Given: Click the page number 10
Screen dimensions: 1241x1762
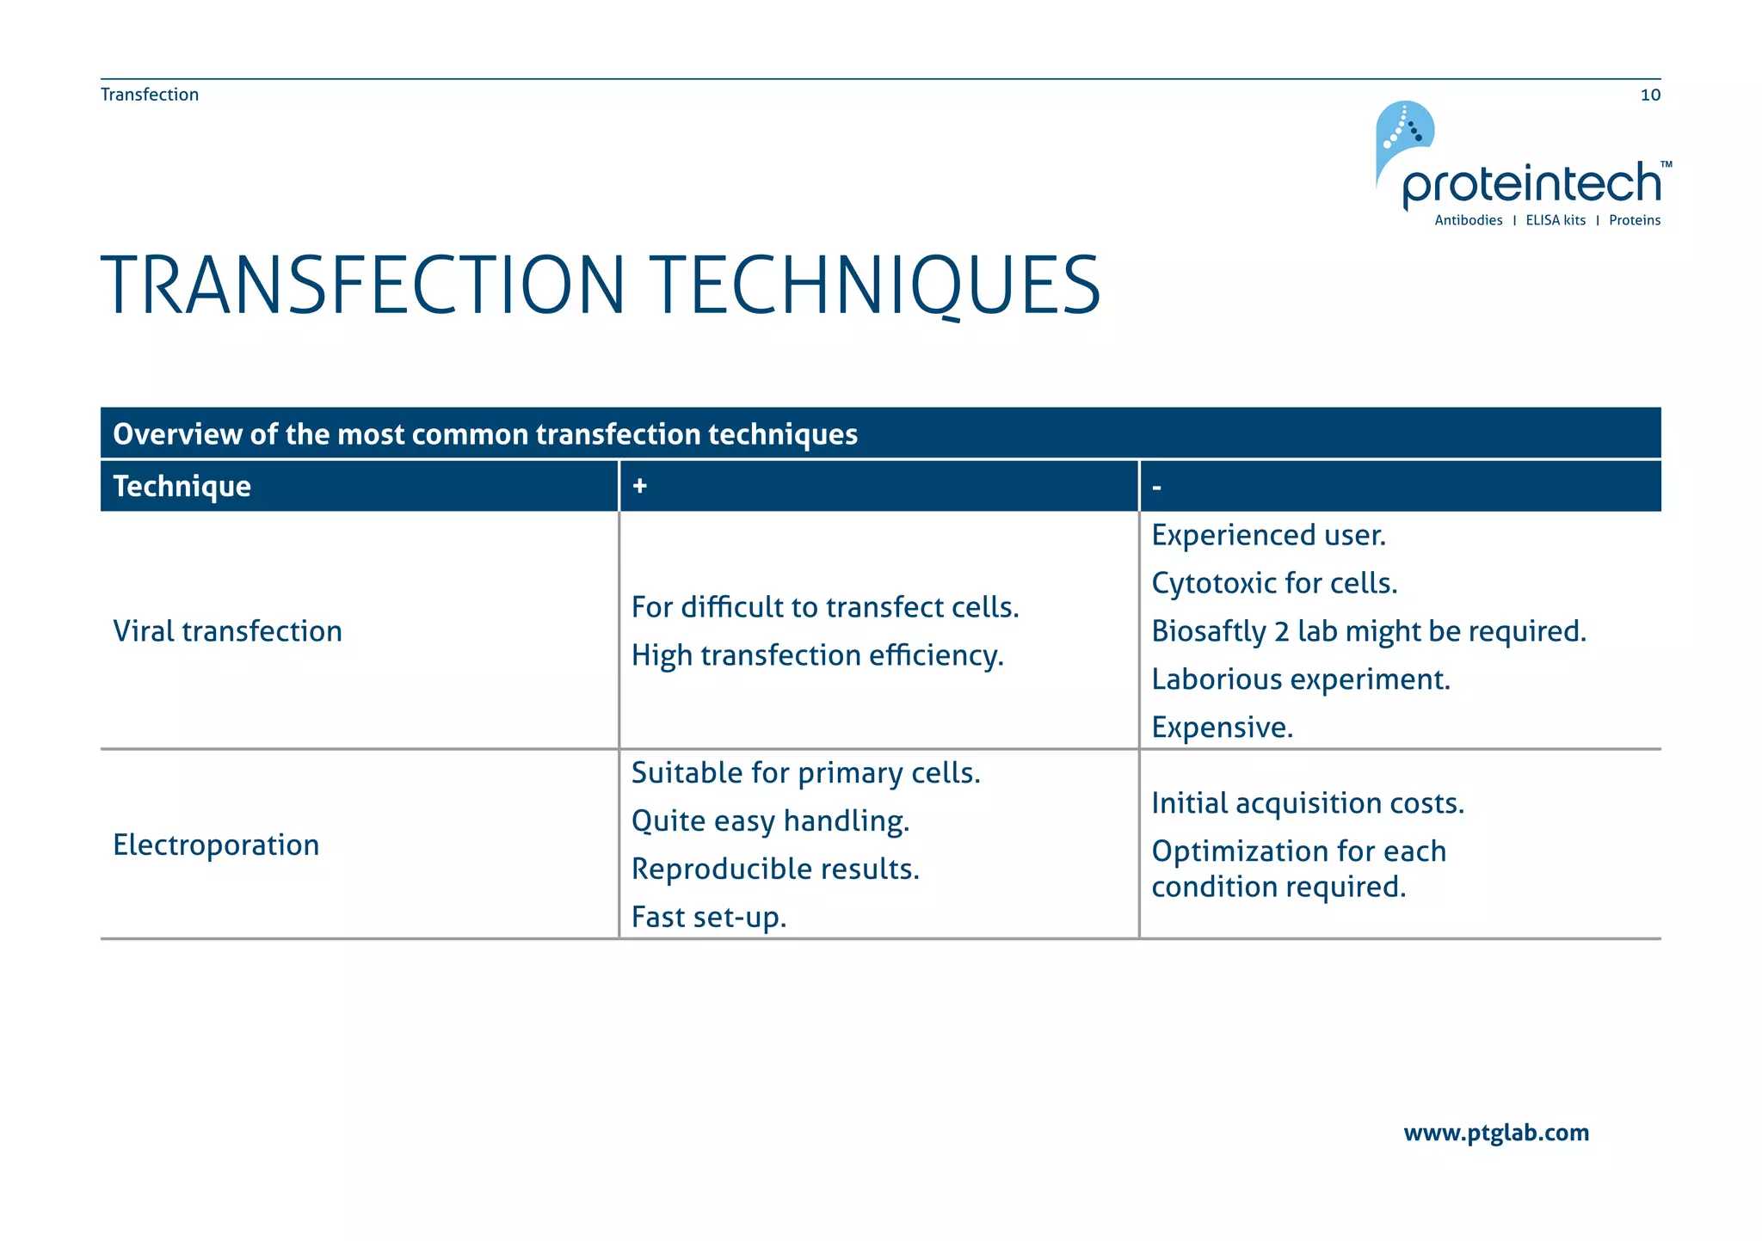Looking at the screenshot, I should click(x=1649, y=95).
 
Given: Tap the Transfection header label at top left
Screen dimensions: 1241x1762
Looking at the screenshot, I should click(x=150, y=95).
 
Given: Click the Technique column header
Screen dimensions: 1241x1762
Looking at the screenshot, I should click(x=182, y=487).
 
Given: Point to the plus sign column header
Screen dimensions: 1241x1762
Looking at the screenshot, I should click(x=639, y=486).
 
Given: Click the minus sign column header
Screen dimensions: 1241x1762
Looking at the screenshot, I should click(x=1156, y=488).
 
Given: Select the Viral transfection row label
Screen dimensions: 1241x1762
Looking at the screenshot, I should click(x=228, y=631).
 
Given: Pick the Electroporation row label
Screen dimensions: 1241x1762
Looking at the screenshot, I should click(x=216, y=845).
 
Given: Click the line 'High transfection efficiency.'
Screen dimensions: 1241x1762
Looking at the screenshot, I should click(x=817, y=655).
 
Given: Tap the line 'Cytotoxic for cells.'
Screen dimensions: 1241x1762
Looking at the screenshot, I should click(x=1274, y=583).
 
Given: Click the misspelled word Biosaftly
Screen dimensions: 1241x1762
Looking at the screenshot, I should click(x=1208, y=632).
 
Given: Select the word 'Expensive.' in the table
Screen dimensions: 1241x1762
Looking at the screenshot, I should click(x=1222, y=728).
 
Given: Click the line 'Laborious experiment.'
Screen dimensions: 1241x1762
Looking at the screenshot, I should click(x=1301, y=679).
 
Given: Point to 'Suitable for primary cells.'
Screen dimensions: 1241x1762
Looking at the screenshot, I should click(x=805, y=773).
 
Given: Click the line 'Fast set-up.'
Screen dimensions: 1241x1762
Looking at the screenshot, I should click(x=709, y=918).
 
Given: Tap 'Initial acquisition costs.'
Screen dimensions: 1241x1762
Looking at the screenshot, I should click(x=1308, y=803).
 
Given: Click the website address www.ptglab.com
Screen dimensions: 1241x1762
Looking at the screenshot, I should click(x=1495, y=1133).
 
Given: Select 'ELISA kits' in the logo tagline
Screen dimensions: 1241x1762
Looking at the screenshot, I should click(x=1556, y=220).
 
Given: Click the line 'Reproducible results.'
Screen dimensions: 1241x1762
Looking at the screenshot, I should click(x=775, y=869).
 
